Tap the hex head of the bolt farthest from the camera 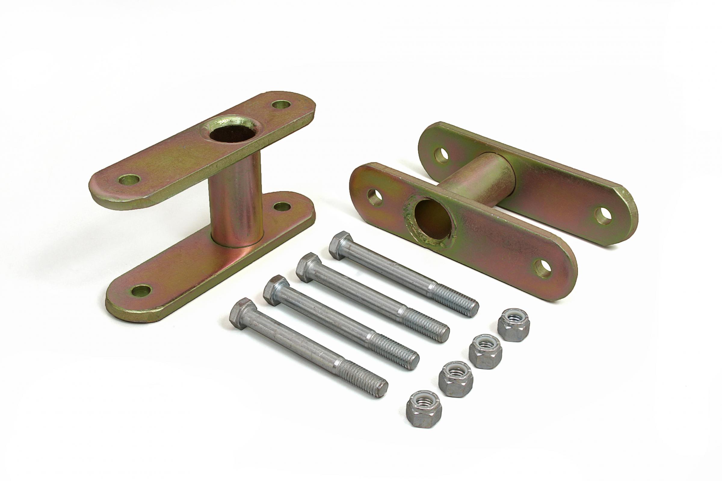tap(341, 245)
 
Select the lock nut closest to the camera tap(424, 413)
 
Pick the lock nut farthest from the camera tap(513, 325)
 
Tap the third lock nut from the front tap(485, 351)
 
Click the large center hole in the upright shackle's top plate tap(232, 134)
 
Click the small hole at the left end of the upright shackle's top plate tap(129, 179)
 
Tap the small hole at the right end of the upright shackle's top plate tap(281, 105)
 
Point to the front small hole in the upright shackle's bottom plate tap(141, 290)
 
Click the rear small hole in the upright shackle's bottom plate tap(282, 207)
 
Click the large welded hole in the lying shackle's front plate tap(432, 219)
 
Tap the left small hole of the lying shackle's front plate tap(375, 198)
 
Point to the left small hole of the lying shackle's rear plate tap(441, 155)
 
